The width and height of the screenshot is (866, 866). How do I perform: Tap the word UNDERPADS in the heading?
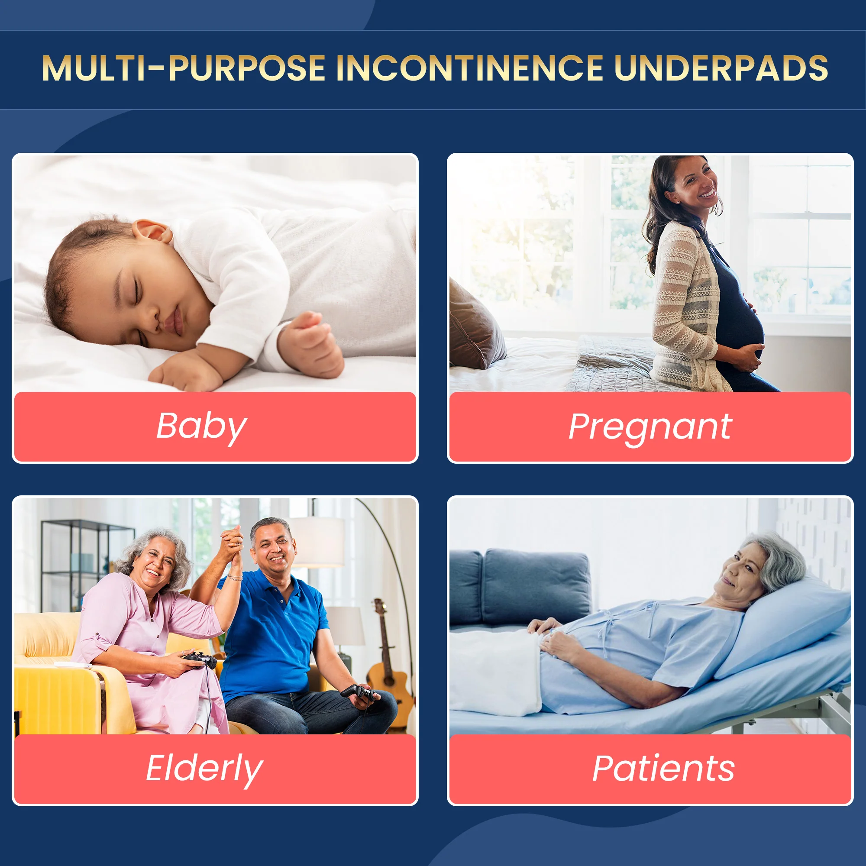point(721,68)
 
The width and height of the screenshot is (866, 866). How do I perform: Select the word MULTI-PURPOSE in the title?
point(183,68)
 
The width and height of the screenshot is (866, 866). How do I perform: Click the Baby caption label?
point(201,427)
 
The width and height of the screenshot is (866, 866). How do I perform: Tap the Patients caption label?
point(663,769)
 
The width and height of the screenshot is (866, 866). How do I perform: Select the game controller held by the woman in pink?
point(200,659)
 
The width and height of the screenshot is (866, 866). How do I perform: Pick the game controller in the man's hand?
point(359,692)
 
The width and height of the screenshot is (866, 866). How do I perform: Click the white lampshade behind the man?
point(317,542)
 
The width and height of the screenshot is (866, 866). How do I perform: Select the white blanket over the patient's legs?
point(495,672)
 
